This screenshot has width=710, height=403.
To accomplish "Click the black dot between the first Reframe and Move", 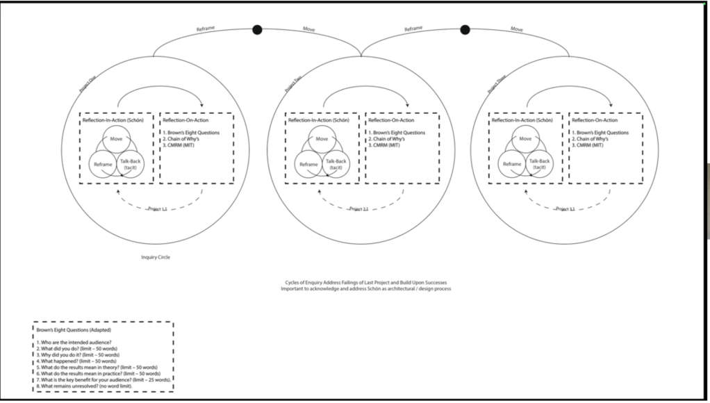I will tap(257, 29).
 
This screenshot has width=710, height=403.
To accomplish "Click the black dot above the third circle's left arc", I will tap(465, 29).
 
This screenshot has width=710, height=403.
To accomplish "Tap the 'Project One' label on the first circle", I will tap(88, 85).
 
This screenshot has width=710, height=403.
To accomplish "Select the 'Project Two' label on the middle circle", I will tap(293, 85).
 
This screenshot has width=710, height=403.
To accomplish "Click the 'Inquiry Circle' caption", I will tap(156, 257).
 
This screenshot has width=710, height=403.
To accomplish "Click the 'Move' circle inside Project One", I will tap(117, 139).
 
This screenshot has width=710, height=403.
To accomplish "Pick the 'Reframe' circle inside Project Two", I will tap(309, 165).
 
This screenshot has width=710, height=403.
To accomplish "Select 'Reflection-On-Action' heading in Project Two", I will tap(394, 120).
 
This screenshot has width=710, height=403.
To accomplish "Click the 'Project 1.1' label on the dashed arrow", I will tap(158, 208).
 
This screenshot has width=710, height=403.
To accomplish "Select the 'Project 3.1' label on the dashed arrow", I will tap(566, 208).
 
